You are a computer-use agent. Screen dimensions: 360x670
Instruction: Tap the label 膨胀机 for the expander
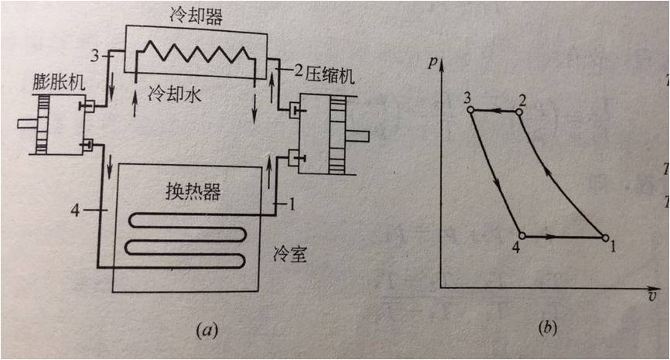point(55,81)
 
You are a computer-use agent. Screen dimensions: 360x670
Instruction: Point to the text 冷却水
point(171,94)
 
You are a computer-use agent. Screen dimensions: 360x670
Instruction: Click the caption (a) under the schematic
point(205,331)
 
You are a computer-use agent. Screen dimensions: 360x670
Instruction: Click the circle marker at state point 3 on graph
point(470,111)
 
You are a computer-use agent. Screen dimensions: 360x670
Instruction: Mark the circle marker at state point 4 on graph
point(522,236)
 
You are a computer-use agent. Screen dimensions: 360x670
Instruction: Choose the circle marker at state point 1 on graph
point(604,238)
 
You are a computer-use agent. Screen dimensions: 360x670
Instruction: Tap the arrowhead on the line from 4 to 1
point(554,237)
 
